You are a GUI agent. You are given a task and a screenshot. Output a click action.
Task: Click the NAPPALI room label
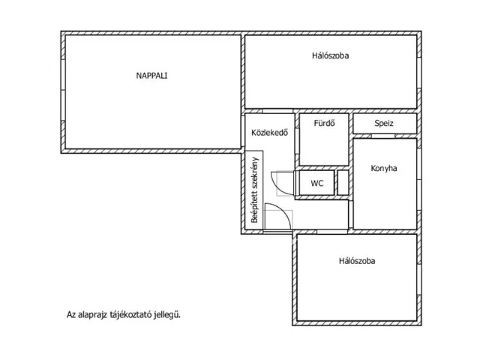coord(151,76)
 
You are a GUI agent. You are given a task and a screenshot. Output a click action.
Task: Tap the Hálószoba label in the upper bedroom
coord(330,55)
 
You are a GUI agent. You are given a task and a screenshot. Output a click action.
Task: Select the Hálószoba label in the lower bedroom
coord(357,261)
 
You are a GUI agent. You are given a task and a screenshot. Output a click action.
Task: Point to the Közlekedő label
coord(270,133)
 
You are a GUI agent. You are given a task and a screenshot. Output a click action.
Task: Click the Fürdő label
coord(324,123)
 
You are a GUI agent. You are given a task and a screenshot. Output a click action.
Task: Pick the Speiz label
coord(384,123)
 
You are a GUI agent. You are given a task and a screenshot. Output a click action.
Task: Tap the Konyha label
coord(384,168)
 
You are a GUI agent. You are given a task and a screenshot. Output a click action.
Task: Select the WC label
coord(316,183)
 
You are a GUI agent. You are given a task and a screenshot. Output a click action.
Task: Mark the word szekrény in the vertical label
coord(255,172)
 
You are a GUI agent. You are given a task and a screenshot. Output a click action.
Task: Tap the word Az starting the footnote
coord(71,315)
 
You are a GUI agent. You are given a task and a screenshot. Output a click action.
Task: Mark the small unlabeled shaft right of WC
coord(343,183)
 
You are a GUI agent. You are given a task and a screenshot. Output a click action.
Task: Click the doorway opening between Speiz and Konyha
coord(383,136)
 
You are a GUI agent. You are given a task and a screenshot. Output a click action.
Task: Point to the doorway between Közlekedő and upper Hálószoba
coord(277,111)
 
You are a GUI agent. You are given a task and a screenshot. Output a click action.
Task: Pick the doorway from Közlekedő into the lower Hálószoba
coord(332,232)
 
